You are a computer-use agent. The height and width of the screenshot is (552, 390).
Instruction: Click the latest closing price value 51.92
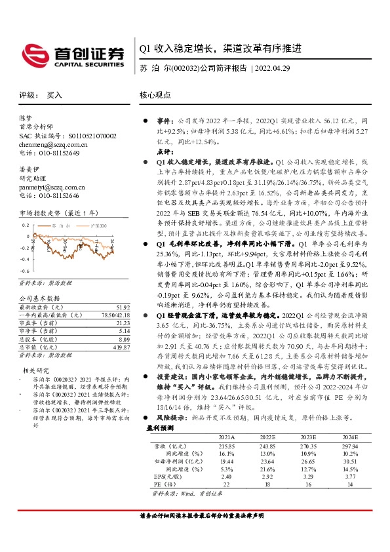point(120,307)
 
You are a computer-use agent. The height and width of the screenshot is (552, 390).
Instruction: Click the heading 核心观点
point(155,96)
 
